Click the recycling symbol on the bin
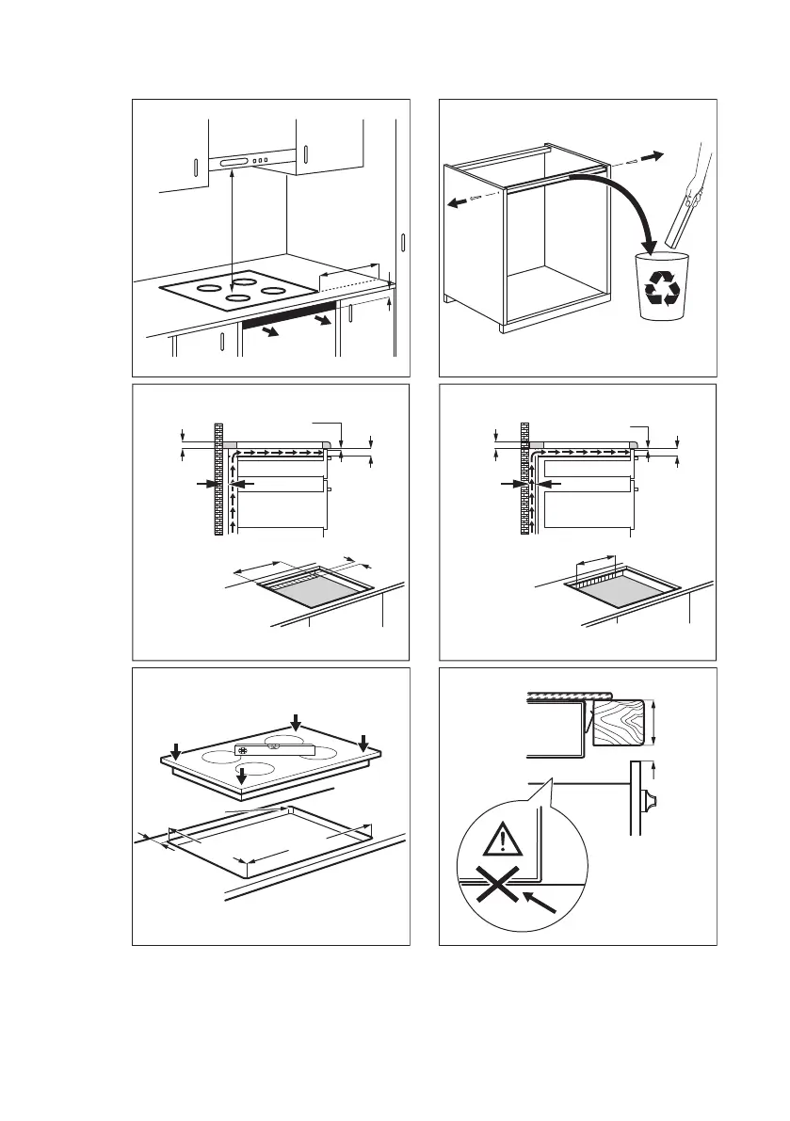pyautogui.click(x=663, y=289)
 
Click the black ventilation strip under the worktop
pyautogui.click(x=288, y=313)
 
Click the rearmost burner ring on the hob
pyautogui.click(x=245, y=280)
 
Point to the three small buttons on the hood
pyautogui.click(x=261, y=161)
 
